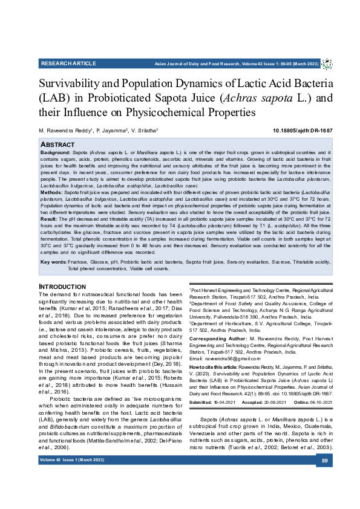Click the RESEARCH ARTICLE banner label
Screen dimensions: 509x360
tap(68, 63)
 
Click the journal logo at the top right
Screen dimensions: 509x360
tap(327, 63)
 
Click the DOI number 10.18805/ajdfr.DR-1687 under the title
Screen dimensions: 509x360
tap(303, 131)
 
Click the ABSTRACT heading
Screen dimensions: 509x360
tap(58, 145)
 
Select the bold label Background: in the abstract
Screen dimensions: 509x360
tap(56, 154)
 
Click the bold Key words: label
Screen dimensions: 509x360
tap(53, 262)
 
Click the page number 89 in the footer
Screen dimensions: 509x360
tap(324, 461)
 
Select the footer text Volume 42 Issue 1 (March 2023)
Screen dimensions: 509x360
tap(72, 461)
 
